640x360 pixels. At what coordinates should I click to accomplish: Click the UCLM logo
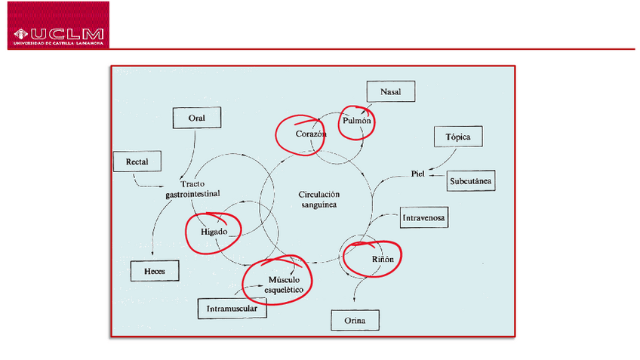click(58, 26)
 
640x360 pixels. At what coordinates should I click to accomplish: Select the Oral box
click(196, 118)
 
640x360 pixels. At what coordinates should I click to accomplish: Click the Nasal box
click(390, 92)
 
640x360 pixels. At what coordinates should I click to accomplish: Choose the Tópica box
click(457, 137)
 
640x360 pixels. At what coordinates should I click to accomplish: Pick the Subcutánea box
click(471, 181)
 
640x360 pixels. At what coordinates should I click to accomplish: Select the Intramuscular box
click(232, 309)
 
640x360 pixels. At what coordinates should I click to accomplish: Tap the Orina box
click(355, 321)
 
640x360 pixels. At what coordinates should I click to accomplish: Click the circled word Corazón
click(310, 134)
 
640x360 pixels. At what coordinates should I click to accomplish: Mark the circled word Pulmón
click(357, 121)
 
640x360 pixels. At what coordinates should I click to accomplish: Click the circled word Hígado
click(214, 231)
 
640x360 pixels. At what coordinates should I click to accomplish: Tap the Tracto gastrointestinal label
click(193, 189)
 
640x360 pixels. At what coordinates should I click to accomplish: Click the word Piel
click(418, 174)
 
